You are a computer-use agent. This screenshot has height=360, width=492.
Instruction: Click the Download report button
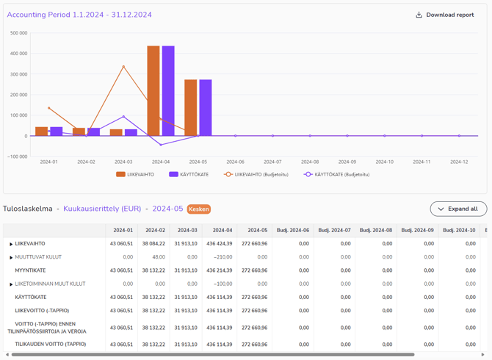click(445, 15)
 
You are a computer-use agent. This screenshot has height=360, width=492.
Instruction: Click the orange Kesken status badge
click(198, 209)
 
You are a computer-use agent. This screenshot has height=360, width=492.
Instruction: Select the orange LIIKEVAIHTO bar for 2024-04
click(153, 91)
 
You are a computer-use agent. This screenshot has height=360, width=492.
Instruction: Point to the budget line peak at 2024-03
click(123, 67)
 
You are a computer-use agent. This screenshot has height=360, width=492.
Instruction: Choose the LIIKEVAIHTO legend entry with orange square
click(135, 174)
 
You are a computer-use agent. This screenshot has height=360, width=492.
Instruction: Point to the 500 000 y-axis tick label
click(18, 33)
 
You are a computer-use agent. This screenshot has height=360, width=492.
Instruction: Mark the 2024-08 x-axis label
click(310, 162)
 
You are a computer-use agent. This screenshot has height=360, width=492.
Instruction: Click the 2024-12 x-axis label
click(459, 162)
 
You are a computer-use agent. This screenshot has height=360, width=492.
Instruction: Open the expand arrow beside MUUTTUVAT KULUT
click(11, 258)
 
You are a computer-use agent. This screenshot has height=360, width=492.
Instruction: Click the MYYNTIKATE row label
click(30, 270)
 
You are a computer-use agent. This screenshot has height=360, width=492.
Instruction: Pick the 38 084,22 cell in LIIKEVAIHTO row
click(153, 244)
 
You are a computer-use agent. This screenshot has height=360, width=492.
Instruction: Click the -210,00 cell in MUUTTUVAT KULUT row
click(223, 257)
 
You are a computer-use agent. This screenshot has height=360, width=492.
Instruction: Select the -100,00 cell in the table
click(223, 284)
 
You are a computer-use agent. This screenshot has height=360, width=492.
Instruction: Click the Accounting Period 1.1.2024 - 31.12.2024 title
click(79, 15)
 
